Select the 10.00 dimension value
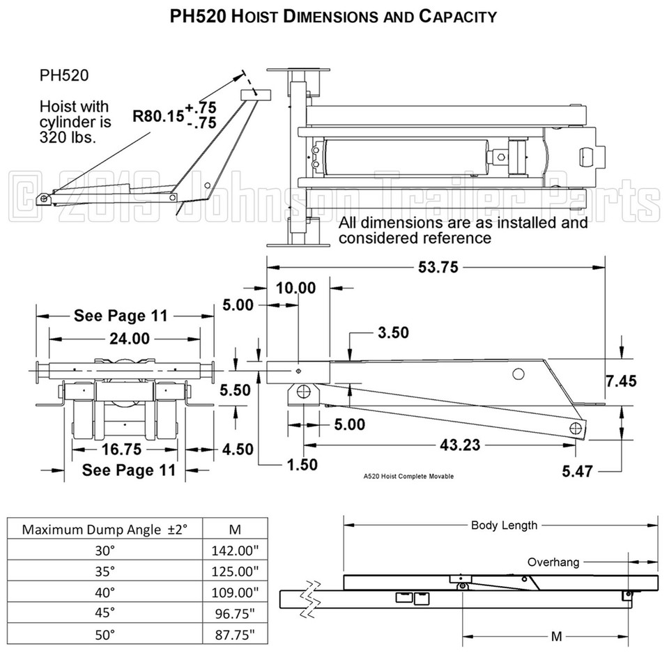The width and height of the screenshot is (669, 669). pyautogui.click(x=295, y=288)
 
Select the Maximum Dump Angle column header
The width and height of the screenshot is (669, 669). pyautogui.click(x=105, y=528)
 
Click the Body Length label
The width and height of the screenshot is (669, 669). pyautogui.click(x=504, y=525)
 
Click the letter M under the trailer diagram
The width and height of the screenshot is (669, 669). pyautogui.click(x=555, y=636)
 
